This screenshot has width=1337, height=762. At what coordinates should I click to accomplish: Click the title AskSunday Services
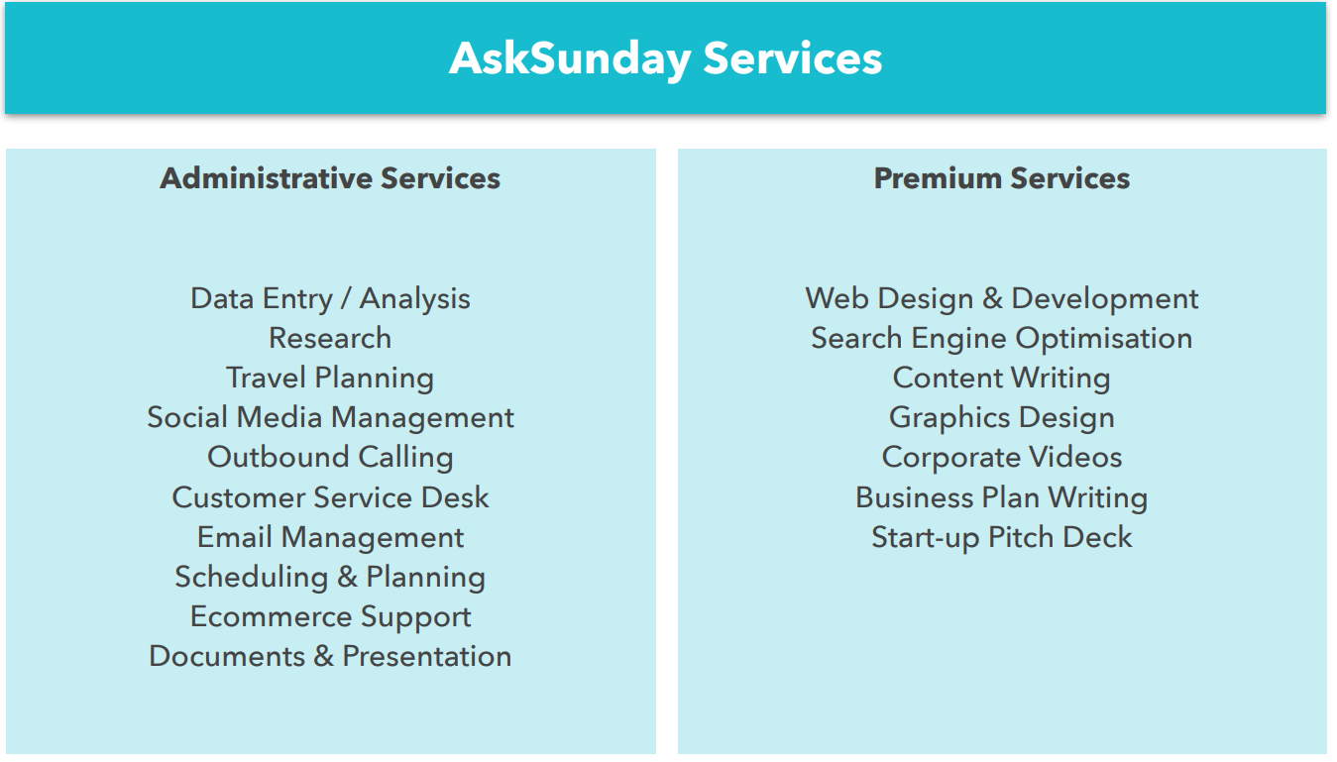click(x=665, y=59)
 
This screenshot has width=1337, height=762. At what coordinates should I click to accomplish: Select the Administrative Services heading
click(x=330, y=177)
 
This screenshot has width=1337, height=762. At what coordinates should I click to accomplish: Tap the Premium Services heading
click(x=1002, y=177)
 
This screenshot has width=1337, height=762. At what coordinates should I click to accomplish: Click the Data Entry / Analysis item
click(x=330, y=299)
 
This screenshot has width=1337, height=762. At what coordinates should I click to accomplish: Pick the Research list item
click(x=330, y=338)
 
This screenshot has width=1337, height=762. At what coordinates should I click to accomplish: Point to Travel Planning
click(x=330, y=379)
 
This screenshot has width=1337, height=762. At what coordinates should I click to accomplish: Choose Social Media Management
click(x=330, y=418)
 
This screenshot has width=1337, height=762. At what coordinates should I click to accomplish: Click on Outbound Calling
click(x=330, y=458)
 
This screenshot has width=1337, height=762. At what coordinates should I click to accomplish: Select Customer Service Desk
click(x=330, y=497)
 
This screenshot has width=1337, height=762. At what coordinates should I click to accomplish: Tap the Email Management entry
click(x=330, y=537)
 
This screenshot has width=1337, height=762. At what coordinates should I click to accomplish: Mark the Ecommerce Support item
click(x=330, y=617)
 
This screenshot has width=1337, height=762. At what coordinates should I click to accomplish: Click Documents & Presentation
click(x=330, y=656)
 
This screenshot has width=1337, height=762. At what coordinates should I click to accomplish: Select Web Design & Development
click(x=1002, y=299)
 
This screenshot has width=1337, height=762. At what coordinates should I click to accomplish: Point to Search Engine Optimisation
click(x=1002, y=339)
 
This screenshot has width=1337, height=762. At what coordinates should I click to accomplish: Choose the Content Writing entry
click(x=1002, y=379)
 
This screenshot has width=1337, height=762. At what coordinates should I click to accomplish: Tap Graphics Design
click(x=1002, y=418)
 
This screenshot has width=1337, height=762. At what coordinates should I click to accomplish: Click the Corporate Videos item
click(x=1002, y=458)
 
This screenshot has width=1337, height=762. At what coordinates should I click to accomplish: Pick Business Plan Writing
click(x=1002, y=497)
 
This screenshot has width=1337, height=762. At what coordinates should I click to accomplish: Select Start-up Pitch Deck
click(x=1002, y=537)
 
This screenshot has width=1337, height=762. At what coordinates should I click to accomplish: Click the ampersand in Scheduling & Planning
click(x=347, y=577)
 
